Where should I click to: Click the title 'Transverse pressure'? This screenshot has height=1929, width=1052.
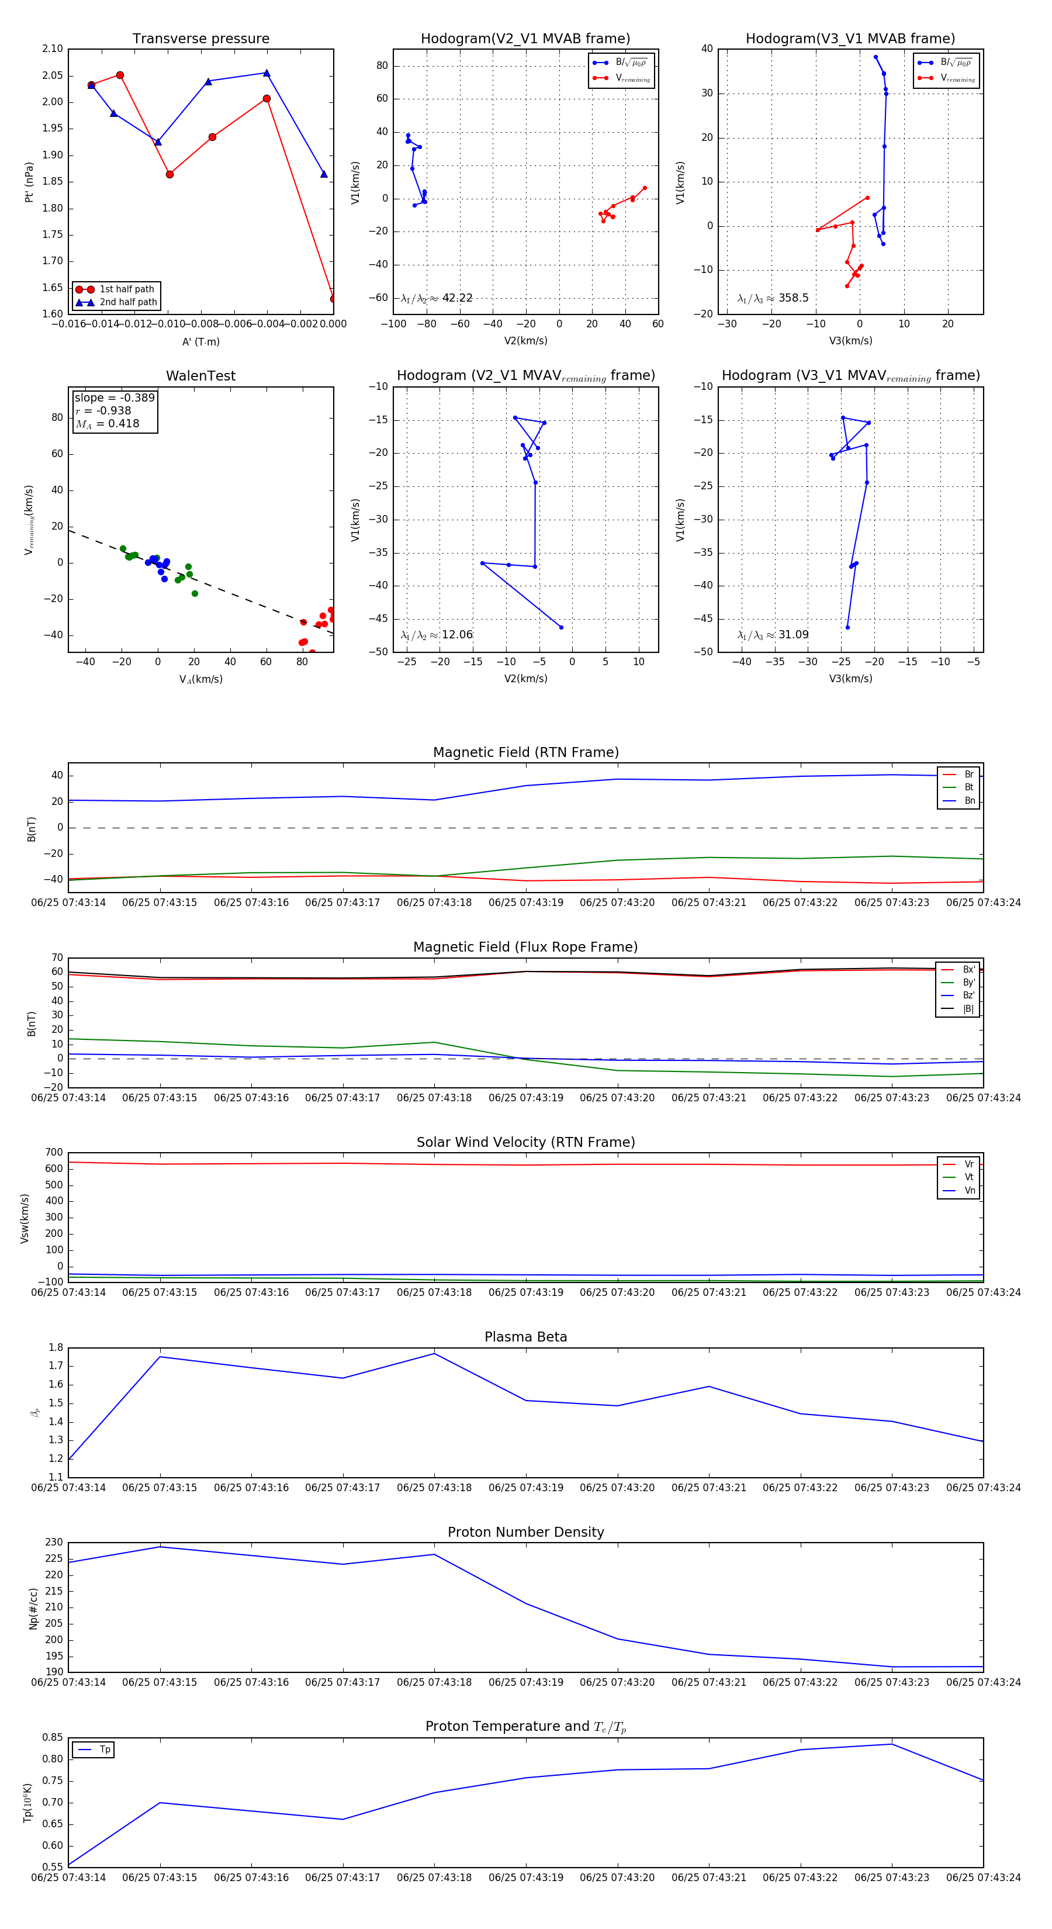200,39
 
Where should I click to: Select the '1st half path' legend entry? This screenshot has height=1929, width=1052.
126,289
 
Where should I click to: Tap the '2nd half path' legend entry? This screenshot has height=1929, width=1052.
127,303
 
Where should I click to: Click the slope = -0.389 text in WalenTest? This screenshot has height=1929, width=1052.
115,397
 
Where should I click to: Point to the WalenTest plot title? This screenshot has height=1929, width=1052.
200,376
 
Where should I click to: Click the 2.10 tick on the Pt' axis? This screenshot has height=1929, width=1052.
53,49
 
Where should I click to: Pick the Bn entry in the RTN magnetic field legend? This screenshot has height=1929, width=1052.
969,800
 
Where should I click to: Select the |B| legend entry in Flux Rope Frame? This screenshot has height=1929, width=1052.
967,1009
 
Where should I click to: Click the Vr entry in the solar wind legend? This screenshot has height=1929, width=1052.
969,1164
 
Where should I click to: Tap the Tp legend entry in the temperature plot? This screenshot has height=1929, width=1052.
104,1750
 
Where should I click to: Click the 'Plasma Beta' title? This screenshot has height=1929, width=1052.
525,1337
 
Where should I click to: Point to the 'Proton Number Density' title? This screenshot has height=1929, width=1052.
525,1532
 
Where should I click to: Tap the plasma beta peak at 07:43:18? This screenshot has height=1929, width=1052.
434,1353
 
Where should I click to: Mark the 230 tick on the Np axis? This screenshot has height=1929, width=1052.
54,1543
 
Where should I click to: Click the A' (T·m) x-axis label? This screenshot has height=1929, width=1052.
200,341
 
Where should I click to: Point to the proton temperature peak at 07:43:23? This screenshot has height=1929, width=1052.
892,1744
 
